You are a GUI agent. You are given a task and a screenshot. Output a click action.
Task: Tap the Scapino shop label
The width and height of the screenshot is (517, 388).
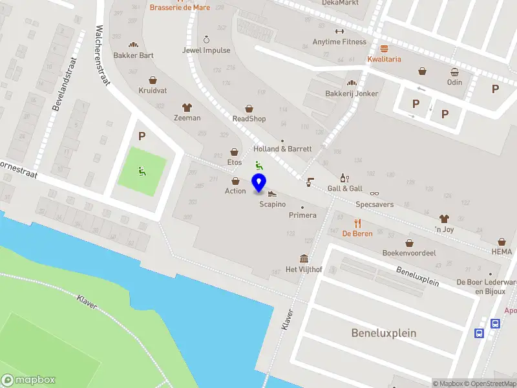[x=272, y=204]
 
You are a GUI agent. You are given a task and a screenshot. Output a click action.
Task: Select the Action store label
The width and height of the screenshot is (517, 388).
[x=235, y=191]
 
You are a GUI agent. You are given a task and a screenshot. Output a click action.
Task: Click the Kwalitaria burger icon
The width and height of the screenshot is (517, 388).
[x=385, y=49]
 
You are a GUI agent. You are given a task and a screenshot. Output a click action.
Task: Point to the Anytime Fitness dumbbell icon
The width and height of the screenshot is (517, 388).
[x=339, y=32]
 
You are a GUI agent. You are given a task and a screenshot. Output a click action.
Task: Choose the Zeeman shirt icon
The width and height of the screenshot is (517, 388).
[x=187, y=107]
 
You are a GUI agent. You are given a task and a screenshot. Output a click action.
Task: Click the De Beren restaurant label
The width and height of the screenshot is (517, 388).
[x=357, y=233]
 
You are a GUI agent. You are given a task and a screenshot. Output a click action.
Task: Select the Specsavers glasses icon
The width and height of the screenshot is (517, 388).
[x=375, y=193]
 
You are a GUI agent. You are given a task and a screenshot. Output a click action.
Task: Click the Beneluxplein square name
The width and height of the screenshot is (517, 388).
[x=384, y=334]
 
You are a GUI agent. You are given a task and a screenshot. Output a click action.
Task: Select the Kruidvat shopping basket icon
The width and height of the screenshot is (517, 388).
[x=153, y=81]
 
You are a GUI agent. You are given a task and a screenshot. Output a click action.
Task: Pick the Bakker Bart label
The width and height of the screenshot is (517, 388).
[x=133, y=55]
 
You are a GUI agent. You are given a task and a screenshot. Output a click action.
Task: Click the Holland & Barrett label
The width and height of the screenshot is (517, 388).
[x=282, y=149]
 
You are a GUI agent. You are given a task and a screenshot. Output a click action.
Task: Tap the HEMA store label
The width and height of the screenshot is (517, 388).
[x=501, y=252]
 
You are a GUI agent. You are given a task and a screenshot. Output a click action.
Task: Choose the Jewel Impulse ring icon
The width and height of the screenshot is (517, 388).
[x=206, y=39]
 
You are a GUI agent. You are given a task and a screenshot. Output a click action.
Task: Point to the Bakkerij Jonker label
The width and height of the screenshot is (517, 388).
[x=352, y=93]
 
